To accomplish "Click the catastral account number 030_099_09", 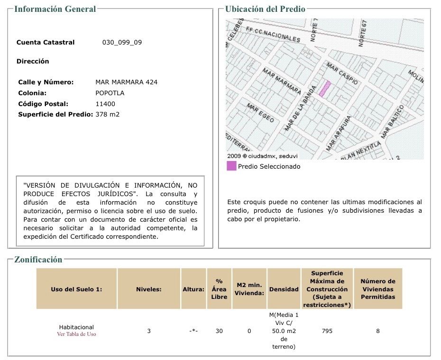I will (122, 42).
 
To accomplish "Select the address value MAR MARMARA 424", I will (126, 82).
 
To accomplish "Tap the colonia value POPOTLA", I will (110, 93).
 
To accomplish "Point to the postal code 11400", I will (105, 104).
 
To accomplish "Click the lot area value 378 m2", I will (108, 114).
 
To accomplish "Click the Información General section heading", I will (55, 9).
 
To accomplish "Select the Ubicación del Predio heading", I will (265, 9).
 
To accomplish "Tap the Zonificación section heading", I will (38, 260).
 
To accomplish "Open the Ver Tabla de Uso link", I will (76, 334).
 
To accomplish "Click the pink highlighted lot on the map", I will (324, 89).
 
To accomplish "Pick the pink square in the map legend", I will (231, 166).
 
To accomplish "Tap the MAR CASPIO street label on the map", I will (342, 73).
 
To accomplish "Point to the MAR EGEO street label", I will (260, 113).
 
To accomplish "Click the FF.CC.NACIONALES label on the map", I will (273, 34).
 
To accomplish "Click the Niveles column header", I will (149, 289).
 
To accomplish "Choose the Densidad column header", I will (284, 289).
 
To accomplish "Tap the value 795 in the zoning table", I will (327, 331).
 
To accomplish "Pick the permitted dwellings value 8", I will (378, 331).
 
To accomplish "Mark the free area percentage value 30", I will (219, 331).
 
